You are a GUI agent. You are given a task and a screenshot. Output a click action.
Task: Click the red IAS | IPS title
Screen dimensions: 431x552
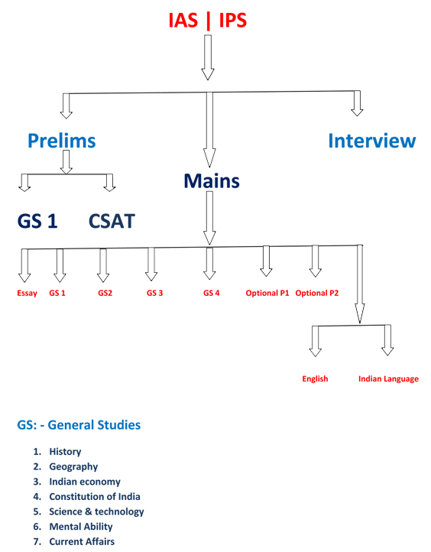coord(208,20)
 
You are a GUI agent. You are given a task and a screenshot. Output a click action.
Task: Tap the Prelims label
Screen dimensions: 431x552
coord(62,141)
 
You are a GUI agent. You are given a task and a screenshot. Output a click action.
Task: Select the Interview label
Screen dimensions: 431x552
coord(372,141)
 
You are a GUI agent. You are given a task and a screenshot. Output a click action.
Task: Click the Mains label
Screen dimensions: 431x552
coord(212,181)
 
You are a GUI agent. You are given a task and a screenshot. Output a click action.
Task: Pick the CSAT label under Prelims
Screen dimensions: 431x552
coord(112,221)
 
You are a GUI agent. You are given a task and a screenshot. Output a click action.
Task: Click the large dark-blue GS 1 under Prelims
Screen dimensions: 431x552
coord(37,221)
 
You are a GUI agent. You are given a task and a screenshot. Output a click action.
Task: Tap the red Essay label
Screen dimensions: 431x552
coord(27,294)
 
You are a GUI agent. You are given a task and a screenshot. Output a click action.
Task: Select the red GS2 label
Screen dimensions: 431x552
coord(105,293)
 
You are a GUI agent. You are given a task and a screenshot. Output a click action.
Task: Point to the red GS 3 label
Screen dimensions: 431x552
coord(155,293)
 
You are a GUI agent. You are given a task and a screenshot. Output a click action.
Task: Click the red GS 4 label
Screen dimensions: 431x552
coord(212,293)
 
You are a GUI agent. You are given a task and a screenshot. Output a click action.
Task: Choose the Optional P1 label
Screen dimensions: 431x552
coord(267,293)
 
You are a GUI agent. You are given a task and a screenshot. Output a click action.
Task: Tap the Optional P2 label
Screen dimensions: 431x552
coord(317,293)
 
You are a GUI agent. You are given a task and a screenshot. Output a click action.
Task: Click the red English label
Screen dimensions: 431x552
coord(316,378)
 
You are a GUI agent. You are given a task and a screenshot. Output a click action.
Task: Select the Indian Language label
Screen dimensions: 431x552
coord(388,378)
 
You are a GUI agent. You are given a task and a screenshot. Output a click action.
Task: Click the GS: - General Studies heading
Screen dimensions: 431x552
coord(79,425)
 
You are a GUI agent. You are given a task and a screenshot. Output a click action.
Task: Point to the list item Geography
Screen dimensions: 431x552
coord(73,466)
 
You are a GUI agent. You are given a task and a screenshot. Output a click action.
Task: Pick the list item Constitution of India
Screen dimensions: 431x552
coord(95,496)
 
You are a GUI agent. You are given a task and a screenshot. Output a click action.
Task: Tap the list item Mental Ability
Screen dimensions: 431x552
coord(81,527)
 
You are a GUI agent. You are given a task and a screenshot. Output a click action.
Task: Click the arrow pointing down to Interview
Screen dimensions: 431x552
coord(357,103)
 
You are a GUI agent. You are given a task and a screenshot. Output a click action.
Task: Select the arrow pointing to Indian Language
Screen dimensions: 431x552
coord(387,340)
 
